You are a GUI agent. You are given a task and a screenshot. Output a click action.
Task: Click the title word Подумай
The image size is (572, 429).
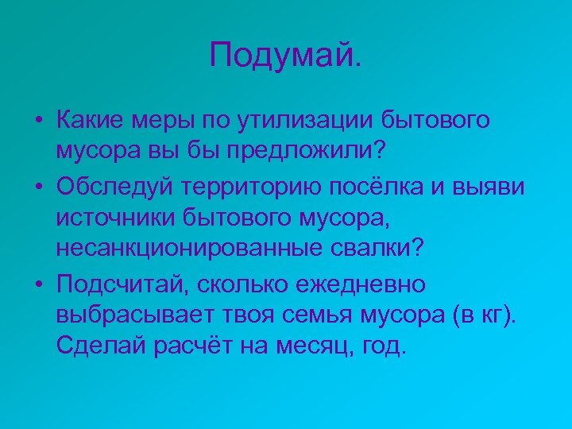pyautogui.click(x=284, y=56)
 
